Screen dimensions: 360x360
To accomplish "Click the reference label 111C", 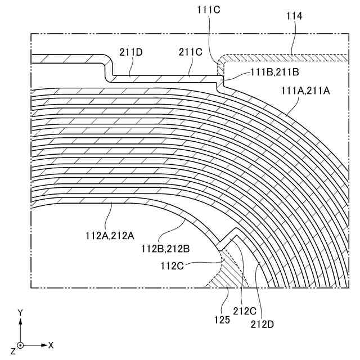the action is (209, 9).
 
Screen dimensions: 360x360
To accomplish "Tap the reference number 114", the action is (294, 17).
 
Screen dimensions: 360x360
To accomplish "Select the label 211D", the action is (130, 52).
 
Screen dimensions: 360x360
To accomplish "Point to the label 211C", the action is (190, 52).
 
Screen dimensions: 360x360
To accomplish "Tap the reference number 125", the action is (222, 319).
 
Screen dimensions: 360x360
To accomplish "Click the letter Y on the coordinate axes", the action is (20, 312).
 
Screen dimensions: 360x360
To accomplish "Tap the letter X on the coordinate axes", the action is (51, 344).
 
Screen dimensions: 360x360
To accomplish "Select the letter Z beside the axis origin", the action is (12, 352).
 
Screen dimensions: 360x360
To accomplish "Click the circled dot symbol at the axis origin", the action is (21, 344).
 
